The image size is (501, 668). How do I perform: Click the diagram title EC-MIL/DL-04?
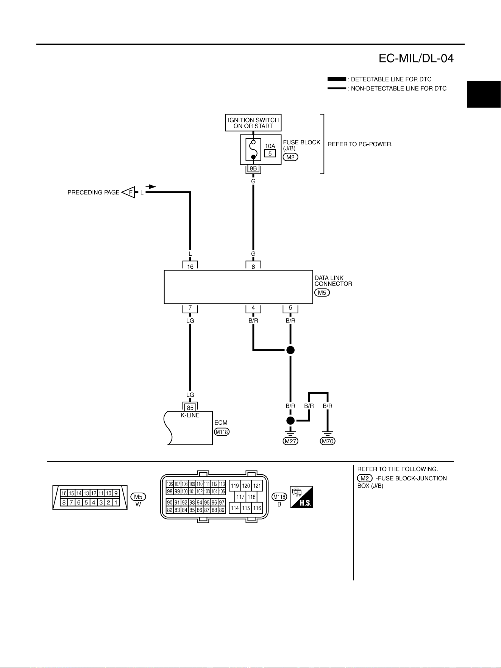(x=416, y=58)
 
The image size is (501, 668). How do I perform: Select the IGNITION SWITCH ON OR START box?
(x=253, y=123)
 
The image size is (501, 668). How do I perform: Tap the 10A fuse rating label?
(x=270, y=146)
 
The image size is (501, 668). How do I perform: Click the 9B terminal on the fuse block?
(x=253, y=168)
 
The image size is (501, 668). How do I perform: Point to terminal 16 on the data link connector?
(x=190, y=266)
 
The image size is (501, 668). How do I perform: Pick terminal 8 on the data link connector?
(x=253, y=266)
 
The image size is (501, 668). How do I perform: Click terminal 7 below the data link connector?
(x=190, y=308)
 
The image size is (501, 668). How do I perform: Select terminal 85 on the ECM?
(x=190, y=408)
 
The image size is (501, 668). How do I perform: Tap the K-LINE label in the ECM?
(x=190, y=415)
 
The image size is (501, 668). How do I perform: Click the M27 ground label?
(x=290, y=441)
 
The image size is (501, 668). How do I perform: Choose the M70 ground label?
(x=328, y=441)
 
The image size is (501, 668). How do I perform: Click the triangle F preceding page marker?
(x=128, y=192)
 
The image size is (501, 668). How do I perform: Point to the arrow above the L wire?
(x=151, y=186)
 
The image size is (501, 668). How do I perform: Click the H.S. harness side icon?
(x=301, y=497)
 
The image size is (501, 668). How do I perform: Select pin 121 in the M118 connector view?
(x=257, y=486)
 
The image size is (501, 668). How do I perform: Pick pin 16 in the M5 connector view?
(x=64, y=493)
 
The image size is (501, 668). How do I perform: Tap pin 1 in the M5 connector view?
(x=116, y=502)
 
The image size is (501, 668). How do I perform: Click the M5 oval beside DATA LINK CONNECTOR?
(x=322, y=293)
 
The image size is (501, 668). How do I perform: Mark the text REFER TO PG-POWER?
(x=360, y=144)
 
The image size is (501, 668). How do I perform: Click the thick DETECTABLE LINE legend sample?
(x=337, y=79)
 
